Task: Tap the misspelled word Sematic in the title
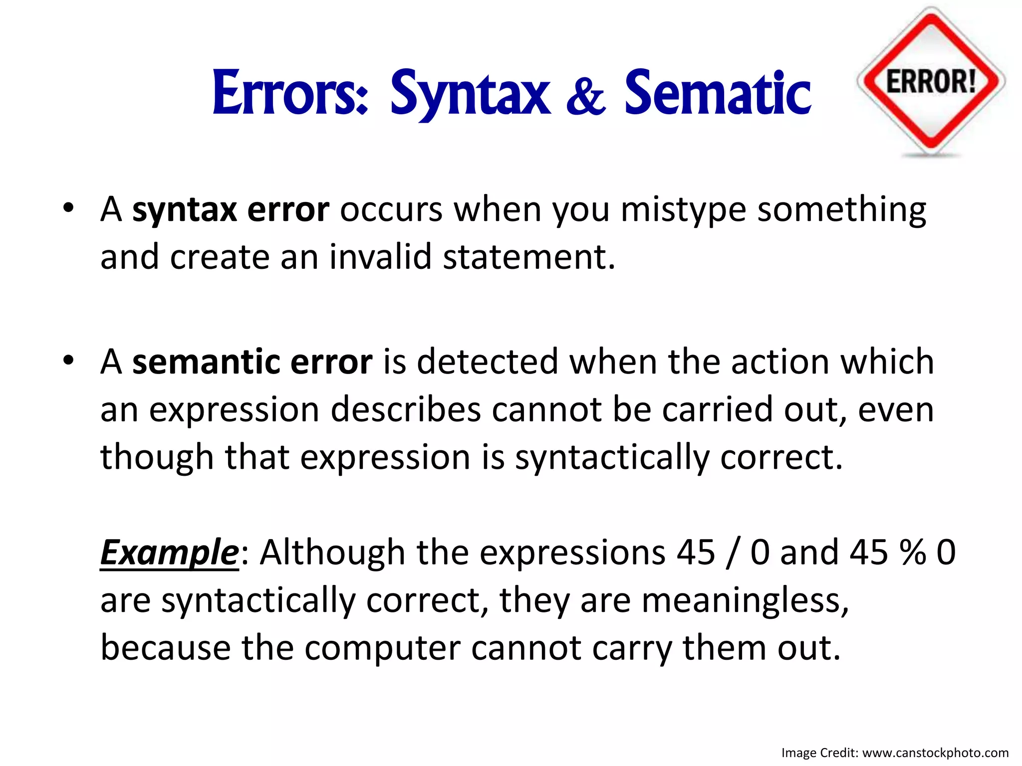(x=717, y=93)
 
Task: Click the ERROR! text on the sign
(x=931, y=81)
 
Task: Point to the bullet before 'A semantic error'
(x=68, y=360)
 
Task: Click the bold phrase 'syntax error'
(x=231, y=209)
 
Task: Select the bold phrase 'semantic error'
(x=252, y=362)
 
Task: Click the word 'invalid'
(x=380, y=257)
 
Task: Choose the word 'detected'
(x=488, y=362)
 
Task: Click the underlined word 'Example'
(x=170, y=553)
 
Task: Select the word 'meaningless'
(x=745, y=600)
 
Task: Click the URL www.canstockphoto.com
(x=935, y=753)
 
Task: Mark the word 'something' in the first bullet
(x=841, y=209)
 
